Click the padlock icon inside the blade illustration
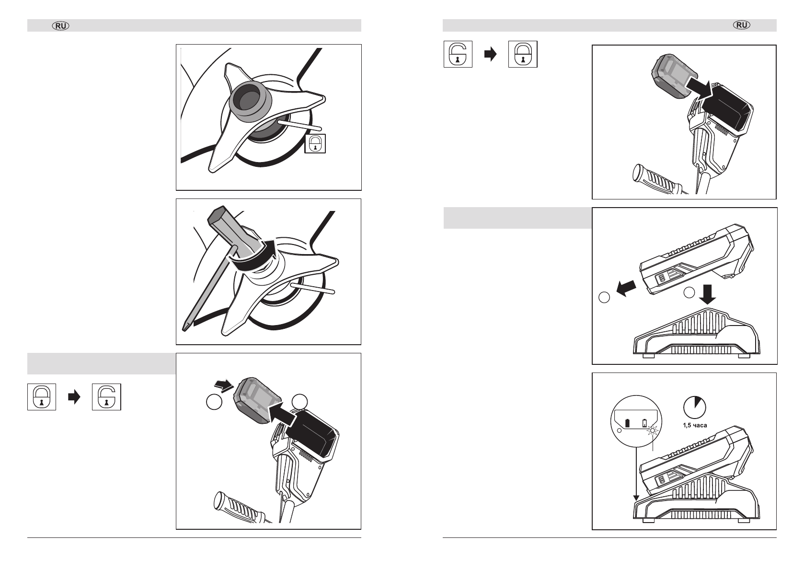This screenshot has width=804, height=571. click(x=315, y=144)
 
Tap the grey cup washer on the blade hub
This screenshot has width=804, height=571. click(x=250, y=102)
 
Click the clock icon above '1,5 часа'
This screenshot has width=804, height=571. click(x=695, y=408)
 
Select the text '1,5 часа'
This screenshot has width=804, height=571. click(x=695, y=425)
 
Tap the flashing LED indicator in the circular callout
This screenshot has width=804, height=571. click(x=653, y=430)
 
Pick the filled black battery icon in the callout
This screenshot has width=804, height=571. click(x=627, y=423)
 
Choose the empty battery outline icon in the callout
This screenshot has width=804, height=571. click(x=644, y=423)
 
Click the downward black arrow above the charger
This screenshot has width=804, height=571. click(x=707, y=294)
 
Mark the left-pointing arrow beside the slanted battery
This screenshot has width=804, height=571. click(x=626, y=288)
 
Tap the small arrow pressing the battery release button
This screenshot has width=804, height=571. click(x=224, y=385)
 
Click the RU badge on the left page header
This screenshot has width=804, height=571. click(x=61, y=26)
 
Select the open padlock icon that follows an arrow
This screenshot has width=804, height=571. click(x=106, y=397)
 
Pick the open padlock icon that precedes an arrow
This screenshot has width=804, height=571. click(x=458, y=54)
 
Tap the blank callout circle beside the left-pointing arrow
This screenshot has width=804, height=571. click(x=604, y=297)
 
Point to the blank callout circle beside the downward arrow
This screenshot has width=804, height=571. click(x=689, y=292)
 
